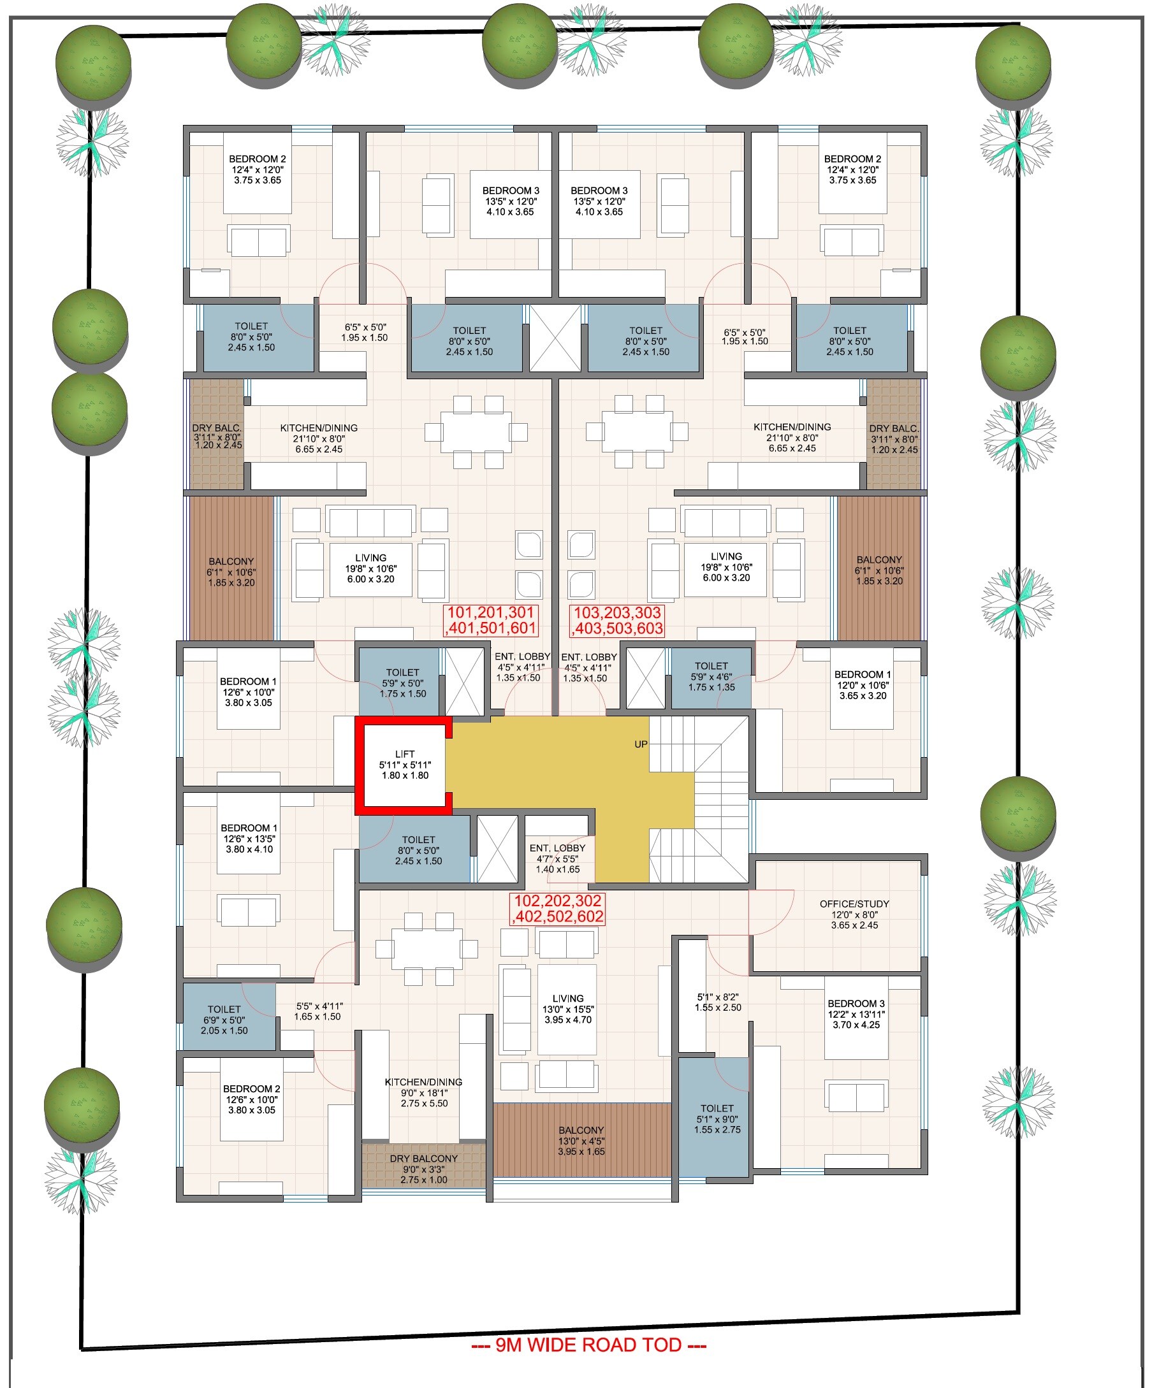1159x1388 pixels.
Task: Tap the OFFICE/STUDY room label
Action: (854, 904)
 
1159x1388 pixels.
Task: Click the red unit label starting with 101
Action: (491, 620)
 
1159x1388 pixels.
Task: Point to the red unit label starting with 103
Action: (617, 620)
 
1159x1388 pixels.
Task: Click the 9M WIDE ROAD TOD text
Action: (588, 1345)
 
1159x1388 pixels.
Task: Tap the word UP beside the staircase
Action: (641, 744)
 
